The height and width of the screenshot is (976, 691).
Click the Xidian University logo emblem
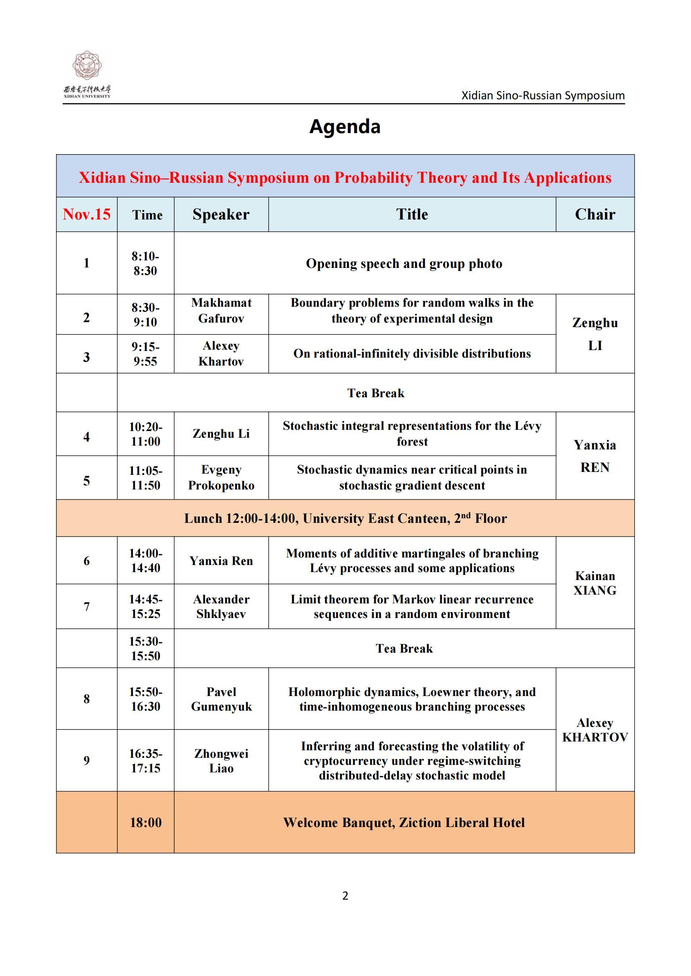[87, 66]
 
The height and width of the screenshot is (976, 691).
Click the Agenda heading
[345, 127]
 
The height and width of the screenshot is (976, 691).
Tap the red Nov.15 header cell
[86, 214]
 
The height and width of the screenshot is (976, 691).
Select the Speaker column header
[221, 214]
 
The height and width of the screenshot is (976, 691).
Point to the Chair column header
[595, 214]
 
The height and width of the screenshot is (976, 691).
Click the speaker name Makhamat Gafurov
[221, 311]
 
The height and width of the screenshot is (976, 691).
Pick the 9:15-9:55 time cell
[145, 354]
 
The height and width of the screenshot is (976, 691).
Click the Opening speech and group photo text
[404, 264]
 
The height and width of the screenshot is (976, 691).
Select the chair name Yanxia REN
[595, 456]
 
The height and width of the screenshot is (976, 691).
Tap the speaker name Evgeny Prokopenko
[221, 477]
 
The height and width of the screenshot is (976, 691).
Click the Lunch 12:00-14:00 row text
[345, 518]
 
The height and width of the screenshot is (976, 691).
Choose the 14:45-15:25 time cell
[145, 606]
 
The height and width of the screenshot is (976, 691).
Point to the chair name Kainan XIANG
[595, 583]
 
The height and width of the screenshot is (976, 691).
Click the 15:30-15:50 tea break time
[145, 648]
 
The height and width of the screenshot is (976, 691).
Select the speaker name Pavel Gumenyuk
[221, 699]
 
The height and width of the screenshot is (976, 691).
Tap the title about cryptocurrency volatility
[412, 761]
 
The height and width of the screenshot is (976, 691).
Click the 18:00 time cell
[145, 822]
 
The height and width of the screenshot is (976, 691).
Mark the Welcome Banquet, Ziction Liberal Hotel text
[404, 822]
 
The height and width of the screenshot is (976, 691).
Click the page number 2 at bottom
[345, 895]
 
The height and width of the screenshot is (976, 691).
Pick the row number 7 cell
[86, 607]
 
